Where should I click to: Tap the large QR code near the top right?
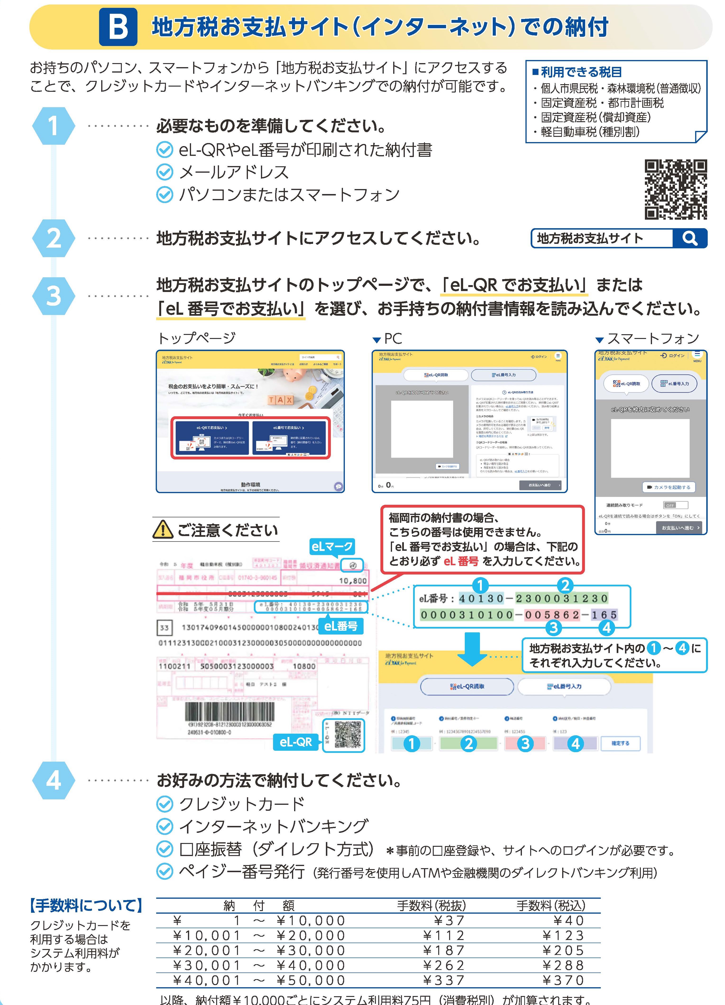pyautogui.click(x=675, y=190)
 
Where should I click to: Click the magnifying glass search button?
pyautogui.click(x=689, y=238)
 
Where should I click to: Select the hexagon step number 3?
pyautogui.click(x=54, y=296)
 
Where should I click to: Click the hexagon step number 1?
pyautogui.click(x=54, y=126)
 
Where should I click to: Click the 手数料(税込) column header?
pyautogui.click(x=551, y=905)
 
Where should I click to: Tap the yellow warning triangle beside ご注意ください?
pyautogui.click(x=163, y=529)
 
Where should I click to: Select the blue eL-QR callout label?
pyautogui.click(x=295, y=742)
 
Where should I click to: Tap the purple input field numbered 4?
pyautogui.click(x=575, y=743)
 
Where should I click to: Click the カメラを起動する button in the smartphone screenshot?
pyautogui.click(x=668, y=487)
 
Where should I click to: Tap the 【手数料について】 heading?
pyautogui.click(x=86, y=905)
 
